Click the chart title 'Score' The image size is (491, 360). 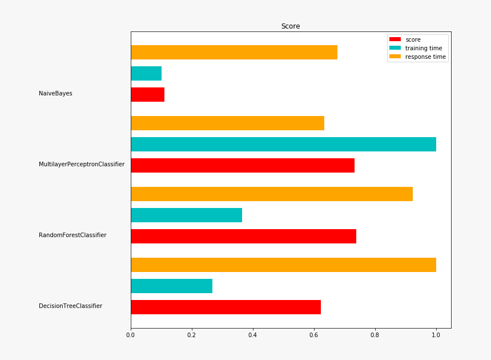[290, 26]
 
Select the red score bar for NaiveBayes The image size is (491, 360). [147, 94]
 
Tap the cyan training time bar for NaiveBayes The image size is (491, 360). [146, 73]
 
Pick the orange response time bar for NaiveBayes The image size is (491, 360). [234, 52]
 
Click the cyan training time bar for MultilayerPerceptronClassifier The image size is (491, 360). [283, 144]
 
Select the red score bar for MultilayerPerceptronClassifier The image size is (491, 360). [242, 165]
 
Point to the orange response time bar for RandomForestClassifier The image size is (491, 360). [271, 194]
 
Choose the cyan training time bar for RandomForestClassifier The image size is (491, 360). [186, 215]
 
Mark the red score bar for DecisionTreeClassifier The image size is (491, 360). [226, 307]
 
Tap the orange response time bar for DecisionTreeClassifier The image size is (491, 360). [283, 265]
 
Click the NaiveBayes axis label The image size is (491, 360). [55, 93]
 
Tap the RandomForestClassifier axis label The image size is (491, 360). [73, 235]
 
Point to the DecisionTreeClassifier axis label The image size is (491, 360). [70, 306]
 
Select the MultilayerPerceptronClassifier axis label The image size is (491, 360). [82, 164]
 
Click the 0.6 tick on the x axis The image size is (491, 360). [314, 335]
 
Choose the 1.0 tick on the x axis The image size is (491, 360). [436, 335]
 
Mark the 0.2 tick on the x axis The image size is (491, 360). [192, 335]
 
